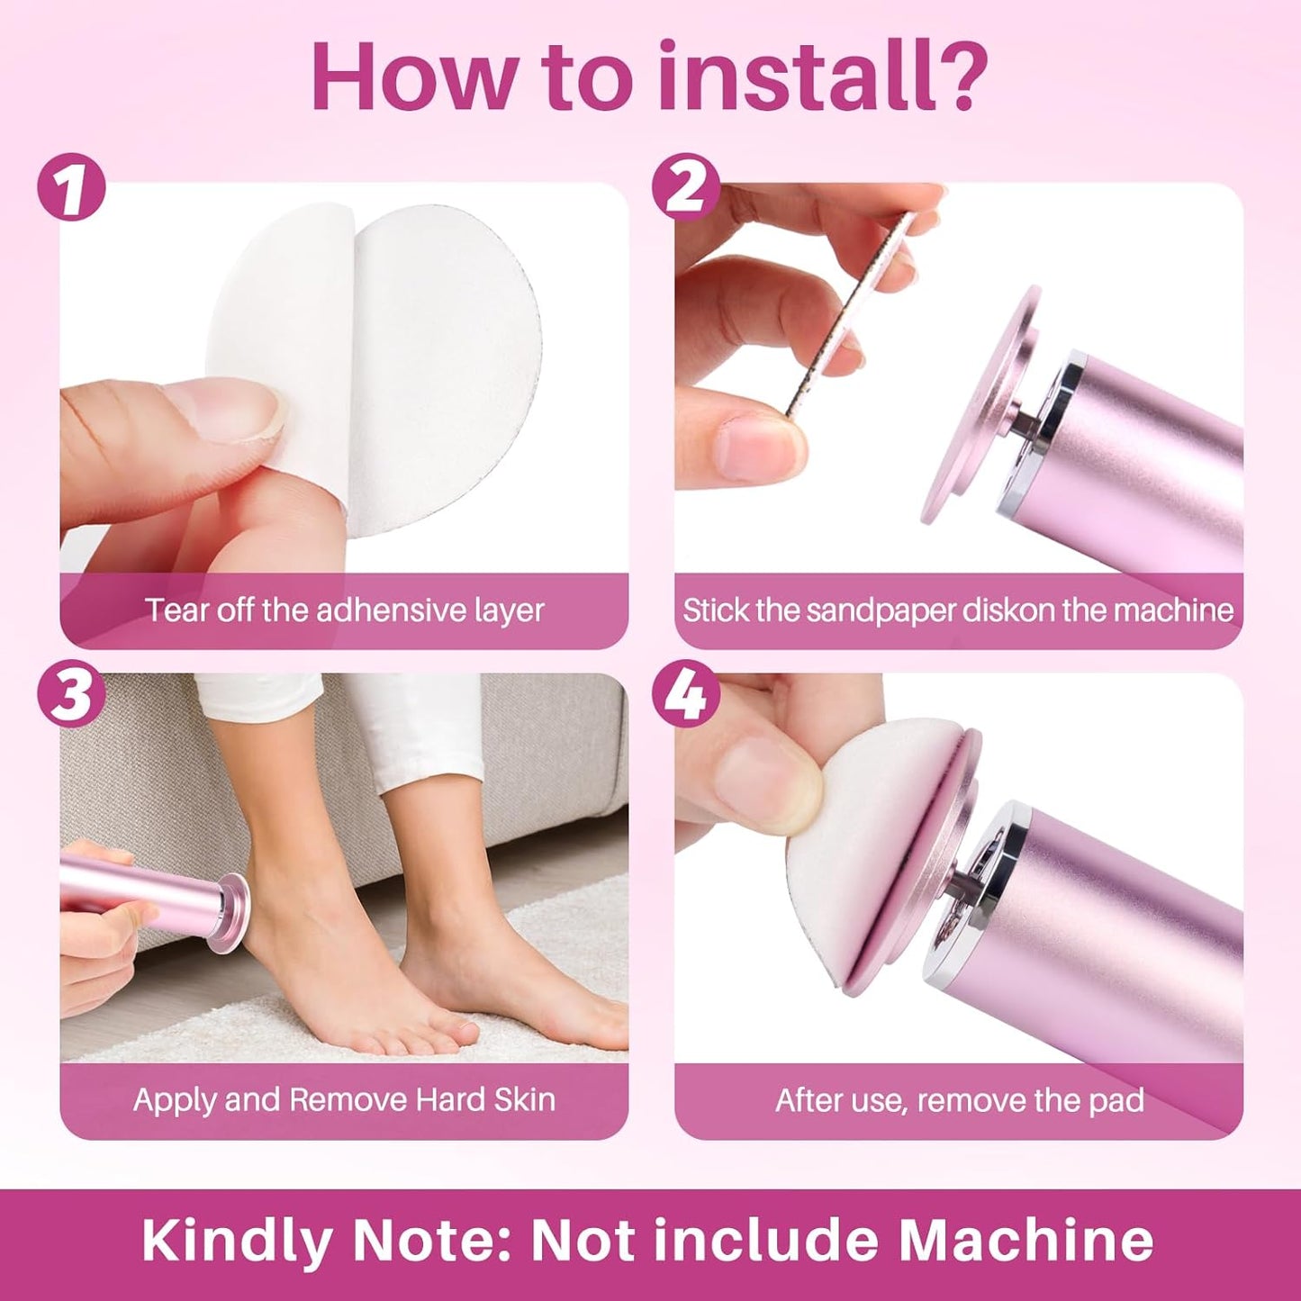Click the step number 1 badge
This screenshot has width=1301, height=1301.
coord(71,188)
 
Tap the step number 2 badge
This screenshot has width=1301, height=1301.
coord(686,188)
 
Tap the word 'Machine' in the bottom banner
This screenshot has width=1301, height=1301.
coord(1025,1241)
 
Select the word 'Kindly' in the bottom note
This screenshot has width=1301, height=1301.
coord(237,1241)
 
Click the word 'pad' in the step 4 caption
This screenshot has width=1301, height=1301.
coord(1118,1100)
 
